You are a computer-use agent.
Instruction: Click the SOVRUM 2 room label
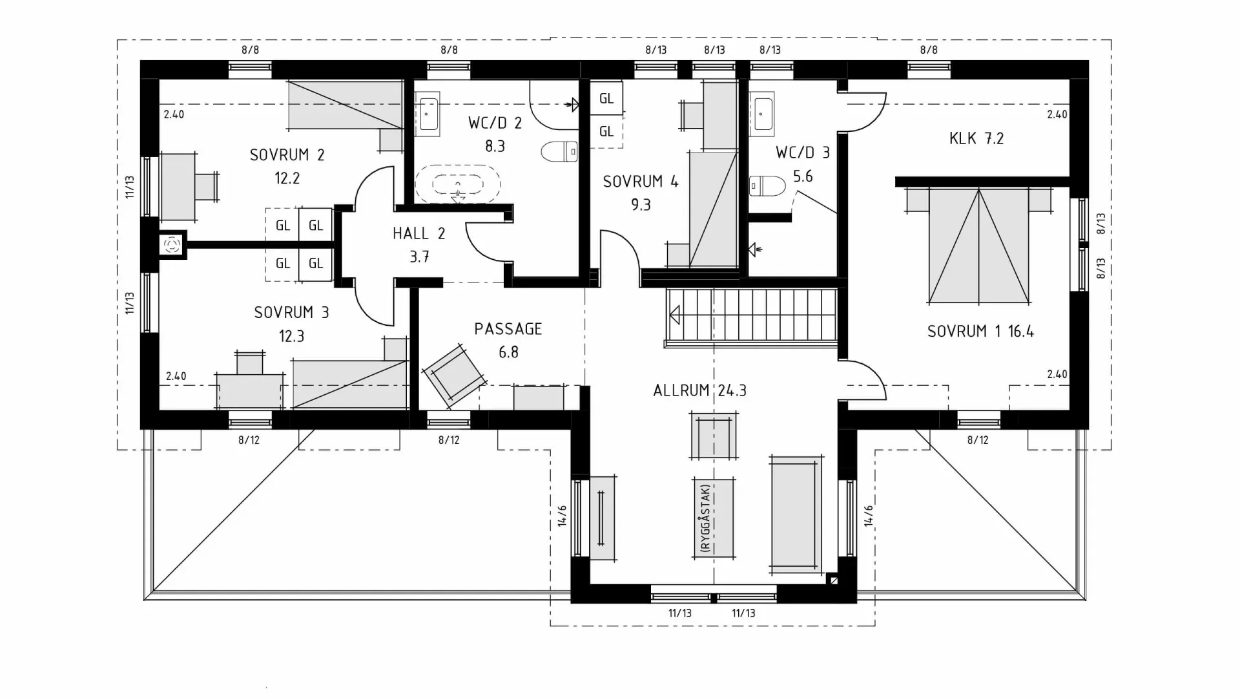click(x=287, y=155)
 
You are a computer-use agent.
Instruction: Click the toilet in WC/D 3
click(x=767, y=186)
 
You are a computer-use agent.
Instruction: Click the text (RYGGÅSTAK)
click(x=706, y=518)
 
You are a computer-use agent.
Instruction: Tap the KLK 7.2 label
click(x=976, y=138)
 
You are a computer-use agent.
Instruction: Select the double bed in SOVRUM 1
click(x=978, y=246)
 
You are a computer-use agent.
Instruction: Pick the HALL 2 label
click(x=418, y=233)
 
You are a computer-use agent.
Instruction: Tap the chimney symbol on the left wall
click(x=172, y=245)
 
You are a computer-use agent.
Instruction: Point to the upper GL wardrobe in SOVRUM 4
click(x=606, y=99)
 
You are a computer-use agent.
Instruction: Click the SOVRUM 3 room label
click(x=291, y=313)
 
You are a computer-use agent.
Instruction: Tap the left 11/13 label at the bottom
click(x=679, y=613)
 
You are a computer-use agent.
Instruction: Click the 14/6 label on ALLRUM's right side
click(x=869, y=515)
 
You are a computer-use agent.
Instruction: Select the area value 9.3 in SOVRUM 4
click(x=641, y=205)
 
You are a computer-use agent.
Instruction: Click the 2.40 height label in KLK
click(x=1057, y=114)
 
